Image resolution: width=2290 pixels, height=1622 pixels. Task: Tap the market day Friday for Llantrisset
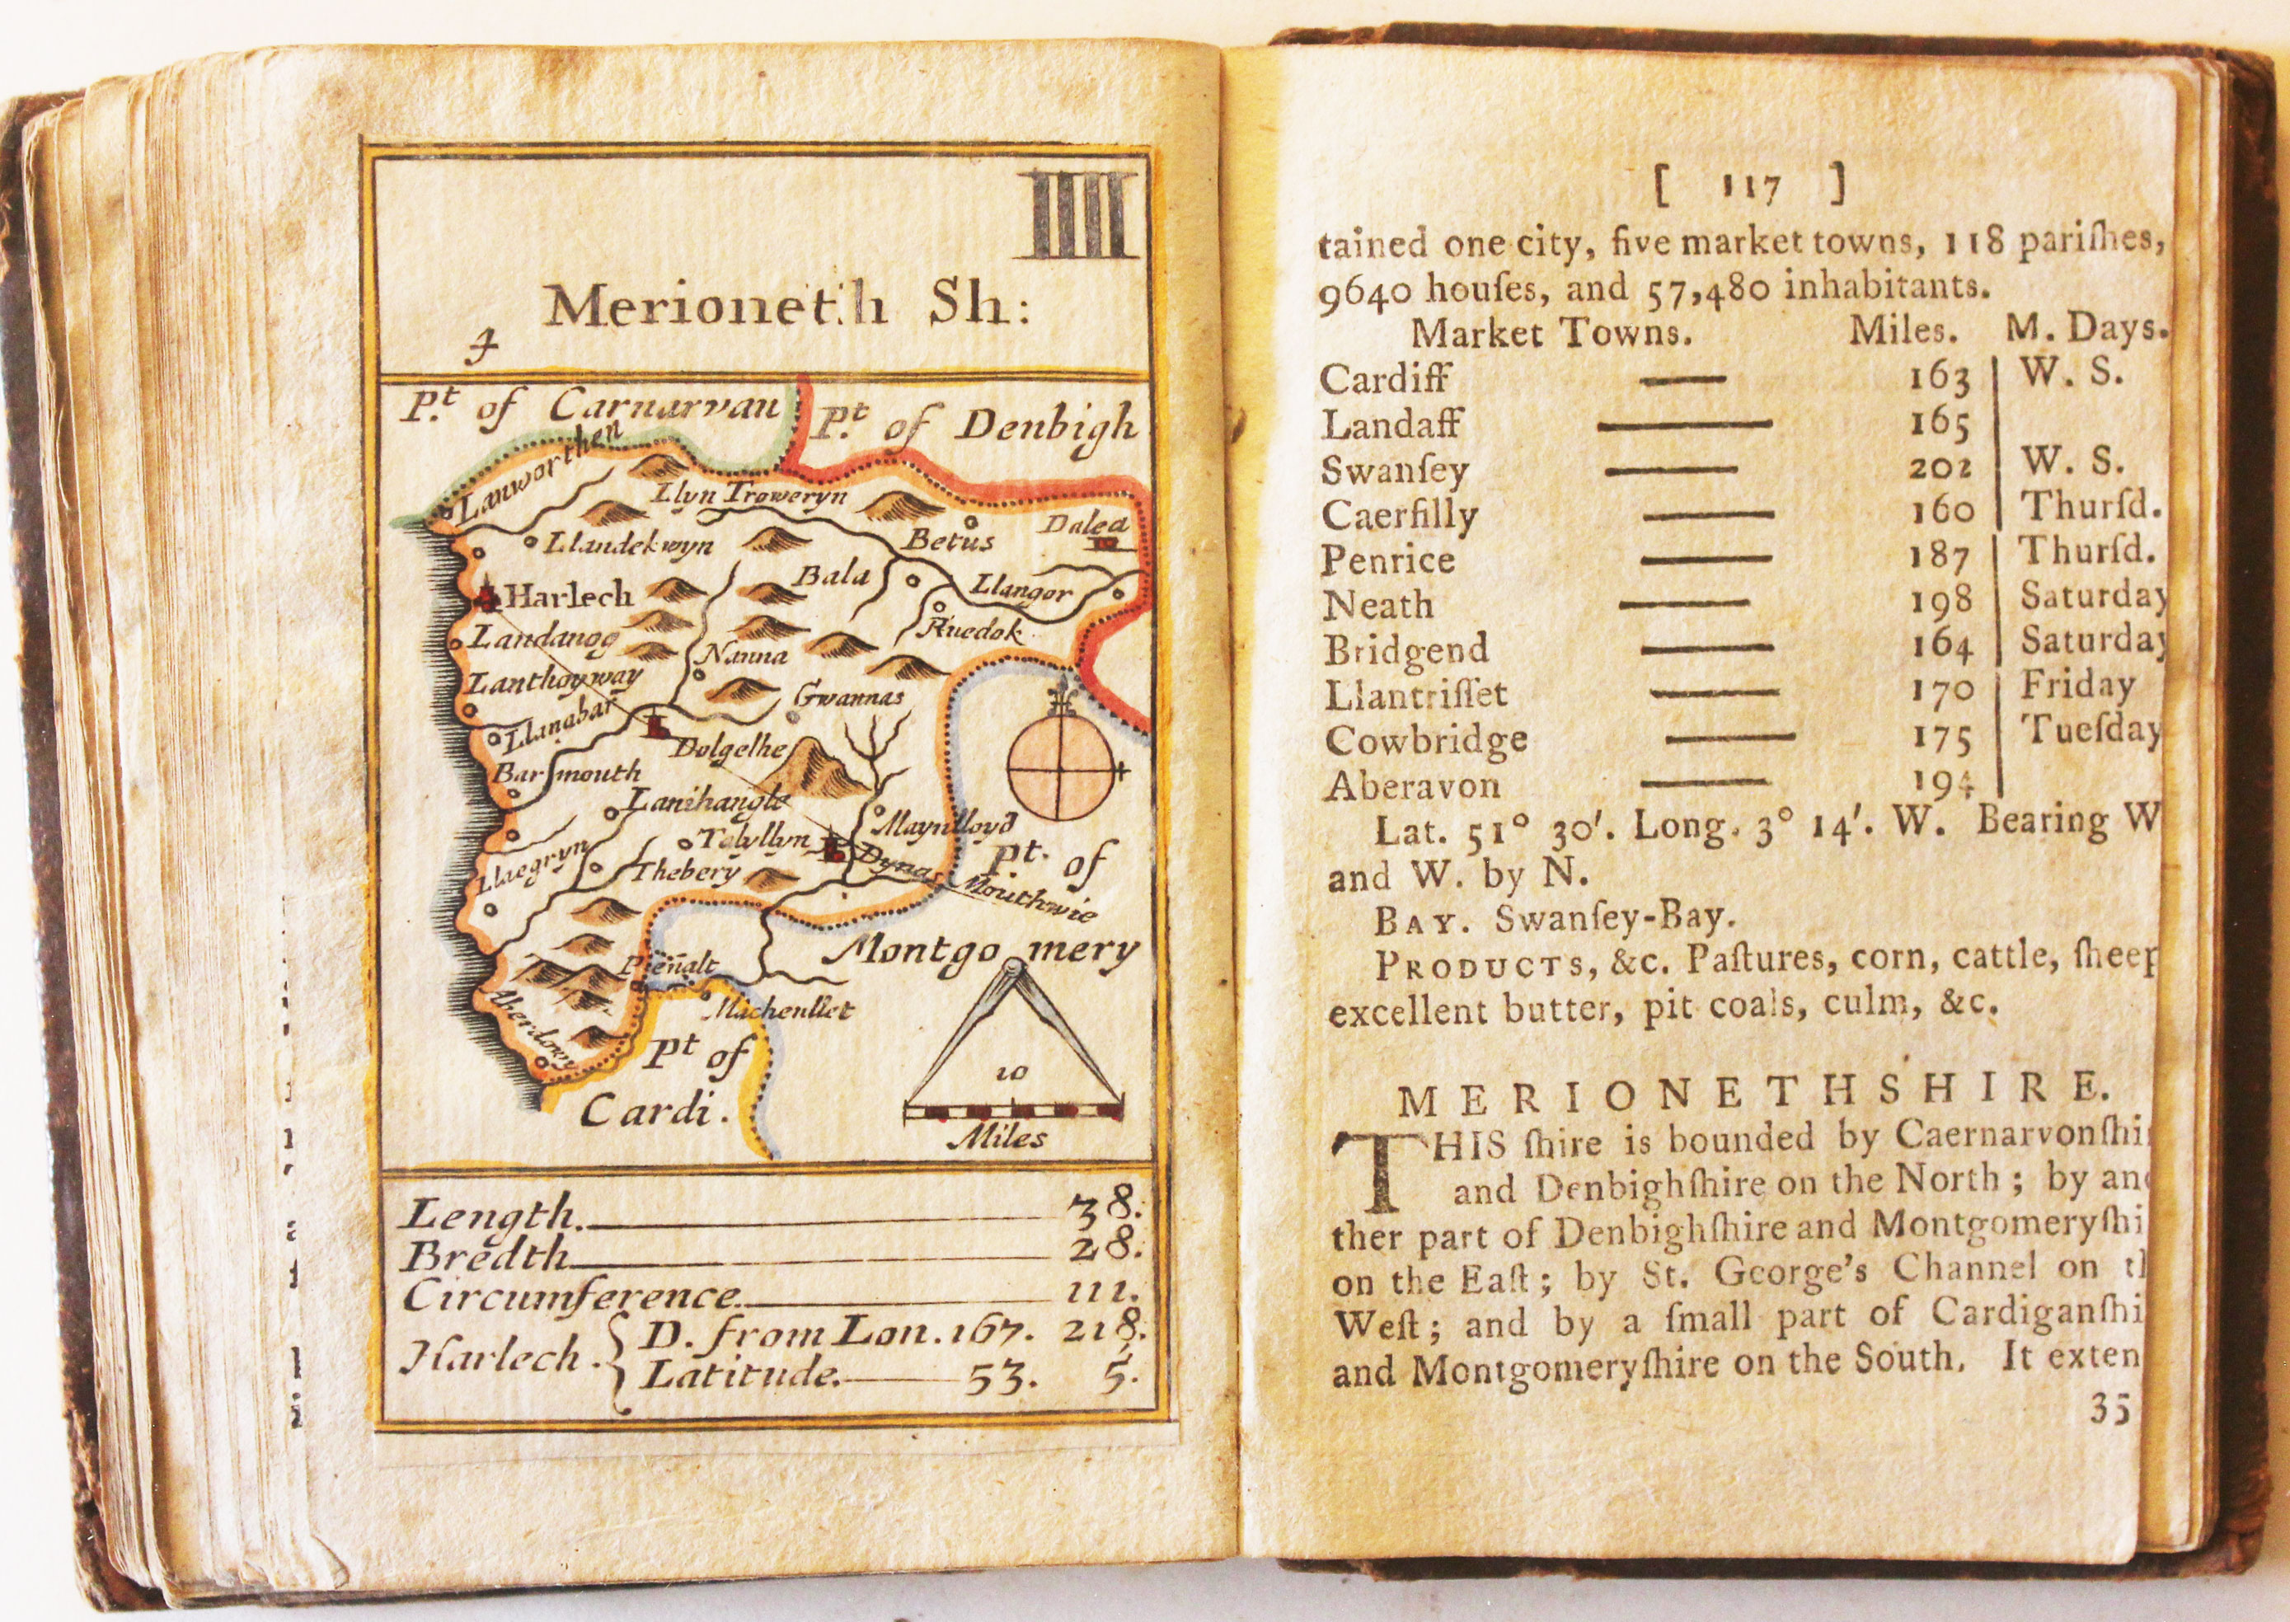[x=2077, y=685]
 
